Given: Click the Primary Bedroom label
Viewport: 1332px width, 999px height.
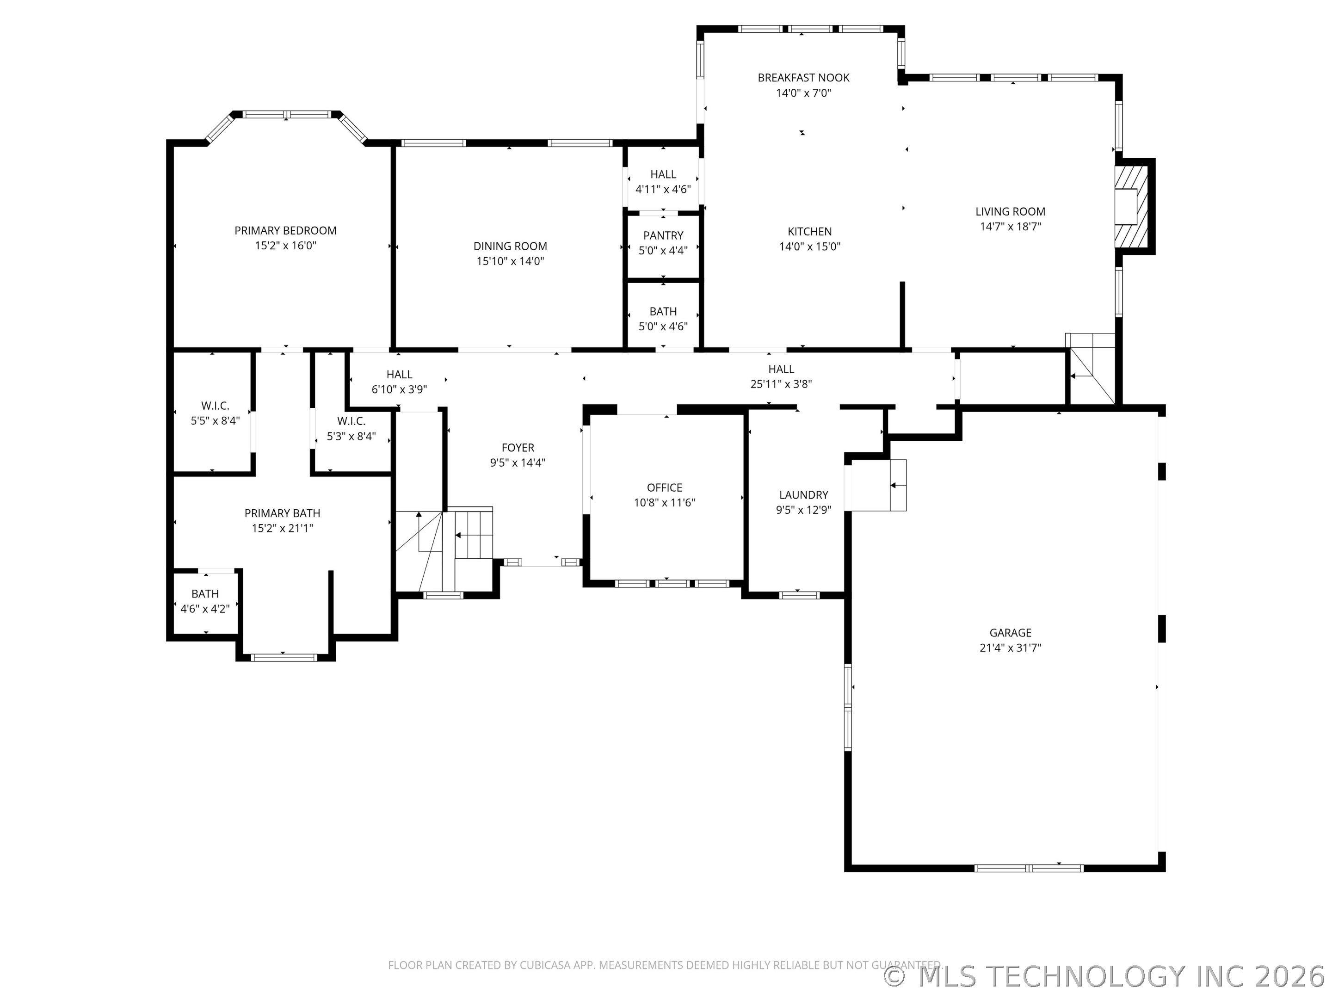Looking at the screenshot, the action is [x=285, y=231].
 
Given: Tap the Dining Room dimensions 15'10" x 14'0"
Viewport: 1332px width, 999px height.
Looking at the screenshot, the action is [x=511, y=261].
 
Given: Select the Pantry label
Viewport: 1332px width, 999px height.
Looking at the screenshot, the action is [x=663, y=235].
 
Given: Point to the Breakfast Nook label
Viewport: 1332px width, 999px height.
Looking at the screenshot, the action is [x=803, y=78].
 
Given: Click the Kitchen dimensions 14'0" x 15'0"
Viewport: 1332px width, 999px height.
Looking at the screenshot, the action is [x=810, y=247].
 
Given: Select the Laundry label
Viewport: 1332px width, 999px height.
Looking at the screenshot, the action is [x=804, y=495].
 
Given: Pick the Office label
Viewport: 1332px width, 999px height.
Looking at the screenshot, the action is [x=665, y=488].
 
